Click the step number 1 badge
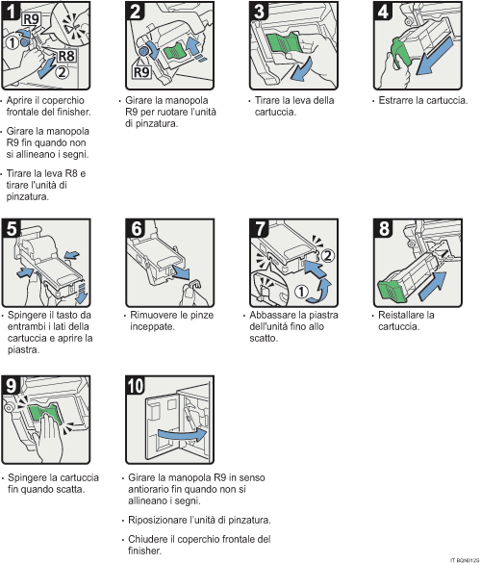coord(11,12)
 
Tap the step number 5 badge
coord(11,228)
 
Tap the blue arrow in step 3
coord(307,72)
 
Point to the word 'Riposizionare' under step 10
coord(159,519)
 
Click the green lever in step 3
coord(281,42)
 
